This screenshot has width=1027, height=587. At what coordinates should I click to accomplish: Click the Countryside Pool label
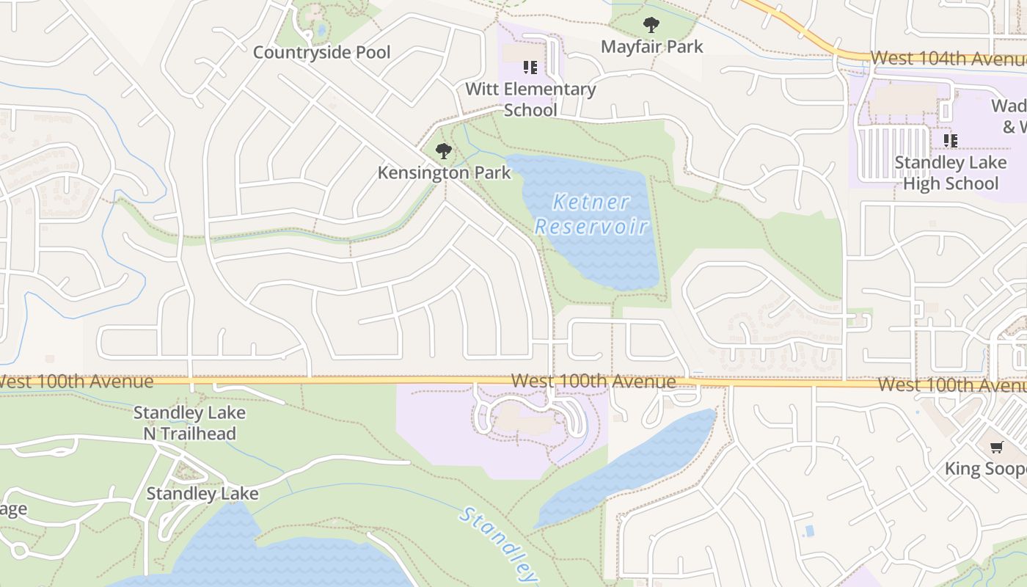pyautogui.click(x=321, y=53)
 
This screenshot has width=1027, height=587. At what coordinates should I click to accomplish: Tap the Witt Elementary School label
pyautogui.click(x=530, y=99)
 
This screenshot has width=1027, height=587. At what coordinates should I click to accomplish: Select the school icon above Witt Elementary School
pyautogui.click(x=530, y=68)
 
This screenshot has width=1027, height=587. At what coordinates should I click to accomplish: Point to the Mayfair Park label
pyautogui.click(x=651, y=46)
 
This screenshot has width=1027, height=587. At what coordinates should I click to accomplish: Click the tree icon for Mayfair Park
pyautogui.click(x=651, y=26)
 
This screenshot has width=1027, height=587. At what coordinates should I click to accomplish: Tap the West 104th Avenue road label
pyautogui.click(x=946, y=58)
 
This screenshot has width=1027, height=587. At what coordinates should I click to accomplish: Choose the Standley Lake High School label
pyautogui.click(x=950, y=172)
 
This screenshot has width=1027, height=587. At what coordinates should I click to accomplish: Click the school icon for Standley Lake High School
pyautogui.click(x=950, y=140)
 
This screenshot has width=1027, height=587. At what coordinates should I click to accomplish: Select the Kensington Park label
pyautogui.click(x=444, y=173)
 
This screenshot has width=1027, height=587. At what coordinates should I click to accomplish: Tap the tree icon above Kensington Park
pyautogui.click(x=443, y=152)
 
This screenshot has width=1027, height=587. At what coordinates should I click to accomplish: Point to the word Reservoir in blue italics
pyautogui.click(x=591, y=227)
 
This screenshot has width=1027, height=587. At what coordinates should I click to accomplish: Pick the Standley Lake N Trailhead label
pyautogui.click(x=189, y=423)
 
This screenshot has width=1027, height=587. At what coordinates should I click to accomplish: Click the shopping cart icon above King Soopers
pyautogui.click(x=996, y=448)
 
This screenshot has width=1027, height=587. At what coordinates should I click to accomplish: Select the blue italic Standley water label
pyautogui.click(x=499, y=544)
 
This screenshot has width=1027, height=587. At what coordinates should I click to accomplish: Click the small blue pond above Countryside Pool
pyautogui.click(x=321, y=31)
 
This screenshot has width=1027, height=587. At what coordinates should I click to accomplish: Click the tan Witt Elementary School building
pyautogui.click(x=519, y=54)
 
